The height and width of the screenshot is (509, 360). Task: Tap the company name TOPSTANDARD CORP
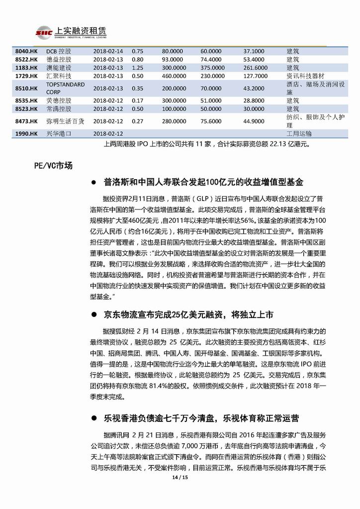65,88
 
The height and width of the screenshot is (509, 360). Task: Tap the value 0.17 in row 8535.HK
137,101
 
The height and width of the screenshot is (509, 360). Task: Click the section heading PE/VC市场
49,166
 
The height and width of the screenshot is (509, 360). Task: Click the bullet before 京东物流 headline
92,315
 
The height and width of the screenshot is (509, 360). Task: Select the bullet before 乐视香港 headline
92,416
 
